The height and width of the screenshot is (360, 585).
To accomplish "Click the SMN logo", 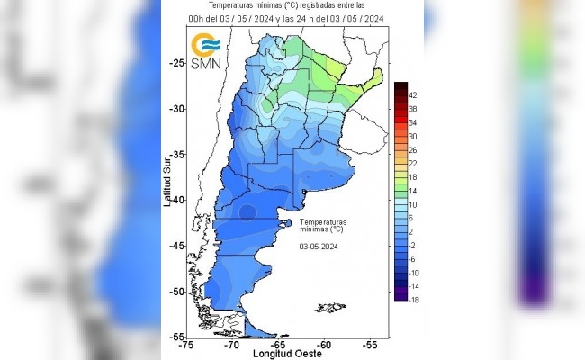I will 207,51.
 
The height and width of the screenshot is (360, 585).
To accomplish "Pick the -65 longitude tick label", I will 278,345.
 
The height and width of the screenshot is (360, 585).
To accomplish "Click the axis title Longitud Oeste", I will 279,354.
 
